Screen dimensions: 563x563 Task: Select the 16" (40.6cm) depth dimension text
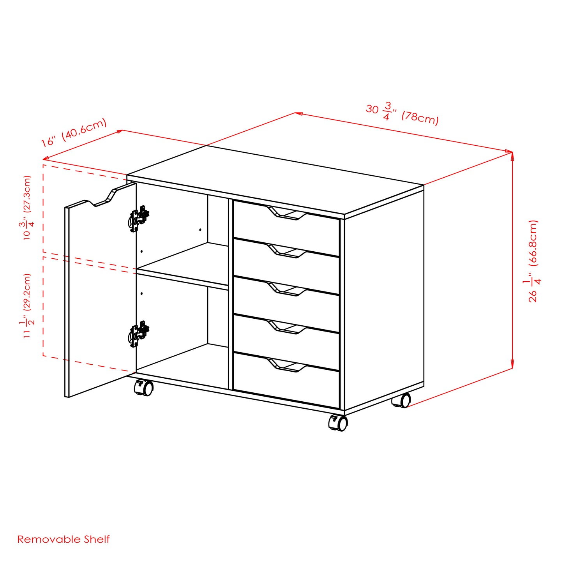coord(74,132)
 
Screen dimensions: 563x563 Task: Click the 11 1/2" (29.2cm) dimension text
coord(27,305)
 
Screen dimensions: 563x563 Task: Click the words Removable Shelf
coord(64,539)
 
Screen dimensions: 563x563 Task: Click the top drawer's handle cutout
coord(287,214)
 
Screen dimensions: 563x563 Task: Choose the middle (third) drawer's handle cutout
coord(287,290)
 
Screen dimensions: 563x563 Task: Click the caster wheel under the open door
coord(144,388)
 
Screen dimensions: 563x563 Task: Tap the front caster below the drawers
coord(338,423)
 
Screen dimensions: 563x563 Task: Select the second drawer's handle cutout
coord(287,252)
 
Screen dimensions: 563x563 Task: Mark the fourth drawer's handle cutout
coord(287,328)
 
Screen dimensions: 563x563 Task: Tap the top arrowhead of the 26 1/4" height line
coord(512,155)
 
